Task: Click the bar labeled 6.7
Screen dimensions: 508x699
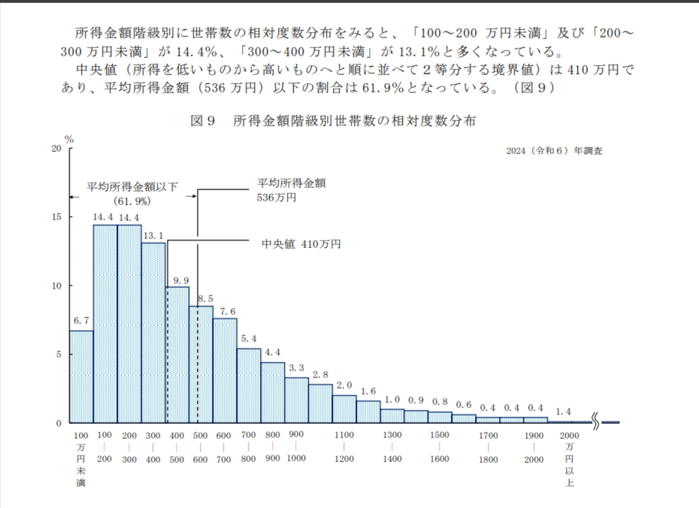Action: pyautogui.click(x=81, y=376)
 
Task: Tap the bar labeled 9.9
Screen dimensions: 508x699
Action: pyautogui.click(x=177, y=354)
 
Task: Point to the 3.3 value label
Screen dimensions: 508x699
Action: pyautogui.click(x=296, y=368)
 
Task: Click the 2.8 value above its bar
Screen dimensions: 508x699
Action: pyautogui.click(x=320, y=375)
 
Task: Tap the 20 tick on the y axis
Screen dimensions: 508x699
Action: pyautogui.click(x=56, y=148)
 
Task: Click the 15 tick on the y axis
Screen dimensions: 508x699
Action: pyautogui.click(x=56, y=217)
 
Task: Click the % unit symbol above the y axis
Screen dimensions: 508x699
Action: pyautogui.click(x=69, y=139)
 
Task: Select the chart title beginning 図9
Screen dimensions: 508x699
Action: pyautogui.click(x=332, y=120)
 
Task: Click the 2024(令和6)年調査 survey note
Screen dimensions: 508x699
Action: pyautogui.click(x=555, y=150)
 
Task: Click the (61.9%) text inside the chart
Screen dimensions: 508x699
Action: pyautogui.click(x=133, y=201)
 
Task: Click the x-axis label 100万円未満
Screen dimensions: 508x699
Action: pyautogui.click(x=80, y=458)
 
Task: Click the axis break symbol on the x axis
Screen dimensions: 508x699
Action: pyautogui.click(x=597, y=422)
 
